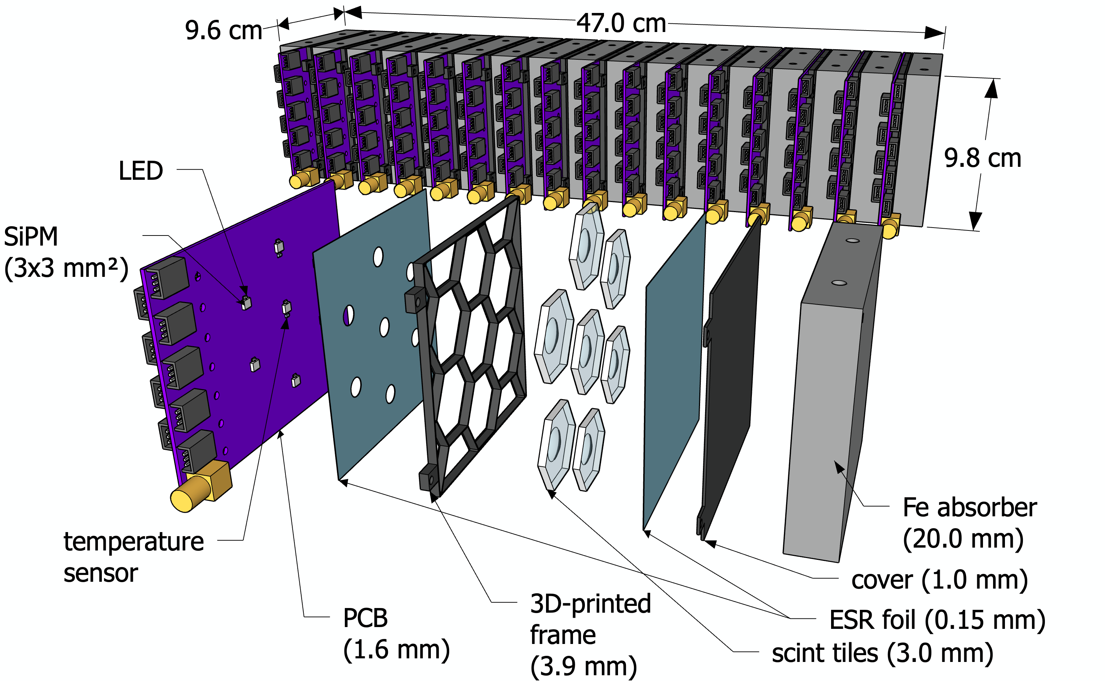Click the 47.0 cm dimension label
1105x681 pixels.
[x=621, y=23]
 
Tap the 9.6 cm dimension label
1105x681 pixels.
[x=223, y=31]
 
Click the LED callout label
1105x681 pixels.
[x=141, y=171]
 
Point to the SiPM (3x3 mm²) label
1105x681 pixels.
[x=66, y=253]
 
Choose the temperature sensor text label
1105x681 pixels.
[x=133, y=557]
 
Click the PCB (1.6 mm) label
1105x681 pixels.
[x=396, y=633]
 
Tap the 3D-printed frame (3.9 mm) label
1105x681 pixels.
[x=590, y=635]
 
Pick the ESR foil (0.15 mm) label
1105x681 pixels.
[x=937, y=620]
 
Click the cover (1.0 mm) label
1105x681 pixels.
[x=939, y=580]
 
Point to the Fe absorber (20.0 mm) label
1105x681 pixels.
[x=969, y=524]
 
